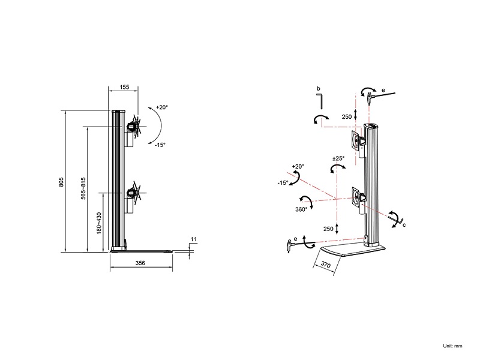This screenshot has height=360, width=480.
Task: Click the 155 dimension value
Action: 124,87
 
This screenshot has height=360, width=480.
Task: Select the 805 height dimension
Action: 61,182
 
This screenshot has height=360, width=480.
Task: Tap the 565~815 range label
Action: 83,188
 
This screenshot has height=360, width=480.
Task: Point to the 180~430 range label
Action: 99,223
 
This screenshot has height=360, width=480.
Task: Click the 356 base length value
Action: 140,263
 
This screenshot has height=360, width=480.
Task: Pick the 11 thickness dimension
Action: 194,239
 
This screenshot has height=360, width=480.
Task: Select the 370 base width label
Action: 326,264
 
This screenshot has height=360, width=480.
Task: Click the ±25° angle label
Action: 338,158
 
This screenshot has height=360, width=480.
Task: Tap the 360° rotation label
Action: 301,209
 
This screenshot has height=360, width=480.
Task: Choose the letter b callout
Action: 319,89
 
